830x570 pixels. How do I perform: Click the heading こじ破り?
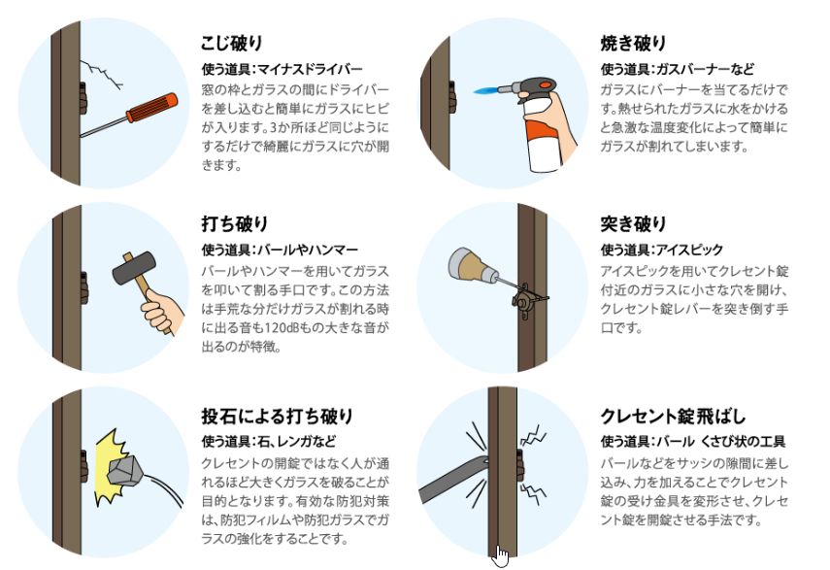231,43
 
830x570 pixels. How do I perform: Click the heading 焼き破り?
633,43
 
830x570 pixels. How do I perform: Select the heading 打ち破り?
235,224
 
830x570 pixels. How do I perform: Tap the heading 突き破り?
633,224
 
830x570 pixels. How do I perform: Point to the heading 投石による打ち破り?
277,416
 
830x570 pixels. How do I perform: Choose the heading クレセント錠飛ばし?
673,416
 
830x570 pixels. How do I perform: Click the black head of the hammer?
135,268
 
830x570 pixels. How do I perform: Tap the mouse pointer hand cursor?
500,556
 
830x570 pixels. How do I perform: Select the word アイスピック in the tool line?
688,250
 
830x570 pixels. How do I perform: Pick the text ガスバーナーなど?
705,69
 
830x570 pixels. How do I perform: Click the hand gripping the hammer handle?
162,311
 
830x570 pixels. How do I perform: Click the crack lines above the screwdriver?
102,75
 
